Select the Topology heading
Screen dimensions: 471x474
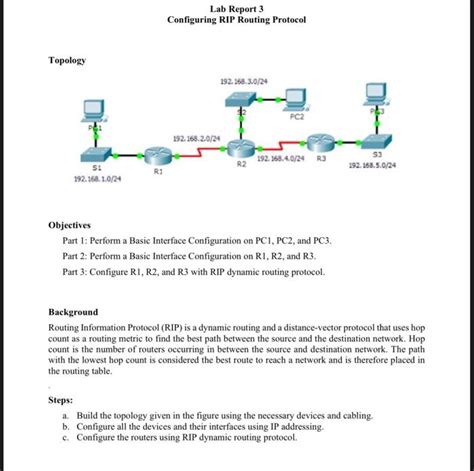67,61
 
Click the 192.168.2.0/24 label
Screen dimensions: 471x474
194,138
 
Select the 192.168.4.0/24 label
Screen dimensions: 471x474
280,158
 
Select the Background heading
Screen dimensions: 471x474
74,312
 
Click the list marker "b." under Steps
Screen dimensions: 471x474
65,426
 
